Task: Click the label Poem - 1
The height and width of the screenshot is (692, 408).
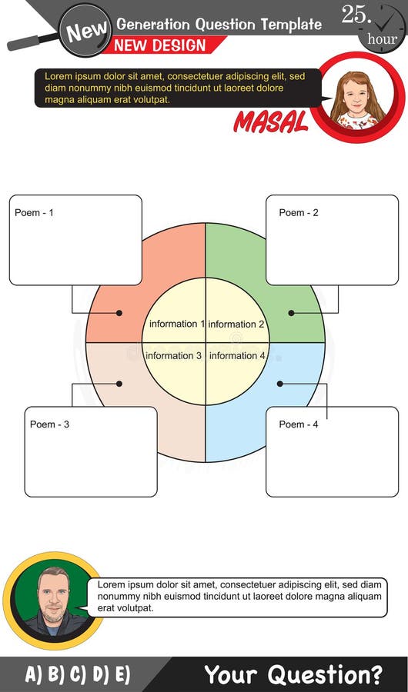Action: click(34, 212)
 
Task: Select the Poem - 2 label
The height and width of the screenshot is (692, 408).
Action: click(299, 212)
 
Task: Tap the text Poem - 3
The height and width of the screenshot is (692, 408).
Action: click(49, 424)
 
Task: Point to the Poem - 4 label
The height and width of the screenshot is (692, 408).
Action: click(299, 424)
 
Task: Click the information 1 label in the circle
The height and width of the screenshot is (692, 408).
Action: click(176, 324)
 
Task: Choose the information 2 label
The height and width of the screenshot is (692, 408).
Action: click(236, 324)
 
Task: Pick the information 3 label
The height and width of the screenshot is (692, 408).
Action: click(173, 356)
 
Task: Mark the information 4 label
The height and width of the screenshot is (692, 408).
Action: click(238, 356)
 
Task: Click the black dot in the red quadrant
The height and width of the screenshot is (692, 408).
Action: click(119, 313)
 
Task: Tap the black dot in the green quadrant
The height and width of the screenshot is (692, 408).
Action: click(291, 313)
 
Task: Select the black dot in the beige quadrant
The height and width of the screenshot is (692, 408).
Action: click(119, 383)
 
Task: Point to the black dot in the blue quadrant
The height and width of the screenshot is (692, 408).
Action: click(280, 383)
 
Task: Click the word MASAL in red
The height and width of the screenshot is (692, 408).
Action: click(271, 121)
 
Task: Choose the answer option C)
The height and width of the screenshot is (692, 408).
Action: click(78, 675)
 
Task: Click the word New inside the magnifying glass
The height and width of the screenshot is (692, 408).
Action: click(85, 31)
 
